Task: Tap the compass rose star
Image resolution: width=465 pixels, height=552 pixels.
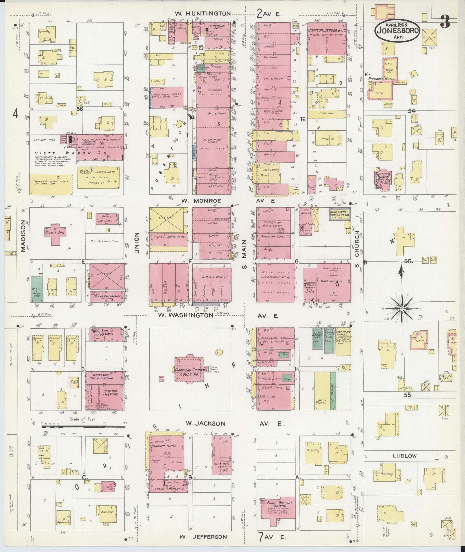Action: tap(401, 309)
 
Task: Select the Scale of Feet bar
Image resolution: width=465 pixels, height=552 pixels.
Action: tap(83, 427)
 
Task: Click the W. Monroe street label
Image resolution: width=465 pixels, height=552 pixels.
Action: tap(201, 201)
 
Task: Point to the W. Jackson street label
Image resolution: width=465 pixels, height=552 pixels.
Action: tap(205, 424)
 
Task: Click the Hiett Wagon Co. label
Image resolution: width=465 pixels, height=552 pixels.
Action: tap(71, 153)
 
